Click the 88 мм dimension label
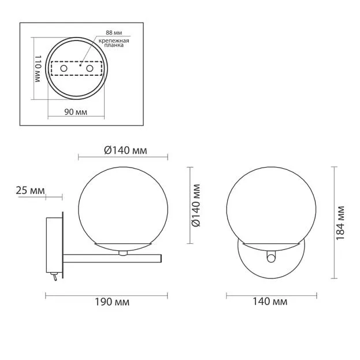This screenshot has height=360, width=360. [x=114, y=32]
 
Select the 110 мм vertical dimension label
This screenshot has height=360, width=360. [x=38, y=68]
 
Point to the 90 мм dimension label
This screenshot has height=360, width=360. [x=76, y=112]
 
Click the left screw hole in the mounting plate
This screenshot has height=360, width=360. [x=64, y=68]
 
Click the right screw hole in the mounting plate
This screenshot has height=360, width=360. [x=90, y=68]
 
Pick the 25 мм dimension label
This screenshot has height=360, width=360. [x=30, y=191]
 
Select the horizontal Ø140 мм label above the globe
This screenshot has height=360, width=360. [x=125, y=150]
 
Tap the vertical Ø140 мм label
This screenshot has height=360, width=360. [x=196, y=205]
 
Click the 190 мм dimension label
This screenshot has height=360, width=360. [x=112, y=302]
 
